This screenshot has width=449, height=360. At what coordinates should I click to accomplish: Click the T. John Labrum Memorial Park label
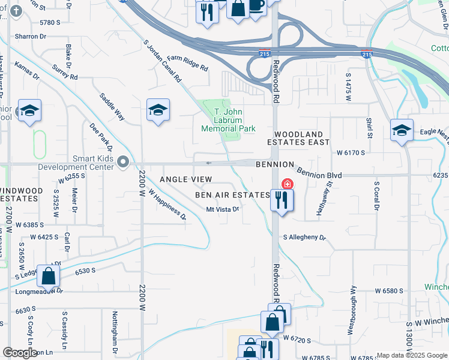tap(228, 120)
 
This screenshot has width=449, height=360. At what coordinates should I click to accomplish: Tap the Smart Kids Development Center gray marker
tap(124, 161)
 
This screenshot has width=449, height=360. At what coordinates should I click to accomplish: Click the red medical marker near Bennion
tap(288, 184)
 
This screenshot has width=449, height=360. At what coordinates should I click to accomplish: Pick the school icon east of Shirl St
tap(402, 130)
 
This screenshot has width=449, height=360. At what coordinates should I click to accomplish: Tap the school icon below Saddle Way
tap(158, 110)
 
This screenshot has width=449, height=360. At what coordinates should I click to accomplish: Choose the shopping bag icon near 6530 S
tap(48, 277)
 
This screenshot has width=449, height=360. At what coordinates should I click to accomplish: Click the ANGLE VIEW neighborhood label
tap(185, 179)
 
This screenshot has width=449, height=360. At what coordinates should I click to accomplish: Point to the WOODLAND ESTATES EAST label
tap(302, 138)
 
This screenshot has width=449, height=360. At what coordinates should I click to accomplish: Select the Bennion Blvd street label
tap(319, 174)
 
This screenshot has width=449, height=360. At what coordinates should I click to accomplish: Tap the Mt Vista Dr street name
tap(223, 209)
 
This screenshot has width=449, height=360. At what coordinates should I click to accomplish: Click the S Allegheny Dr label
tap(303, 238)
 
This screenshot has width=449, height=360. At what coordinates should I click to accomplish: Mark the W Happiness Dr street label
tap(167, 206)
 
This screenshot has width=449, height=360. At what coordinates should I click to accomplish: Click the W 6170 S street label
tap(346, 153)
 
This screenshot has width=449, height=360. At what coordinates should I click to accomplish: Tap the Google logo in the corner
tap(20, 353)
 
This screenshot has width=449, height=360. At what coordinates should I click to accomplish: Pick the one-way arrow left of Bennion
tap(208, 163)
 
